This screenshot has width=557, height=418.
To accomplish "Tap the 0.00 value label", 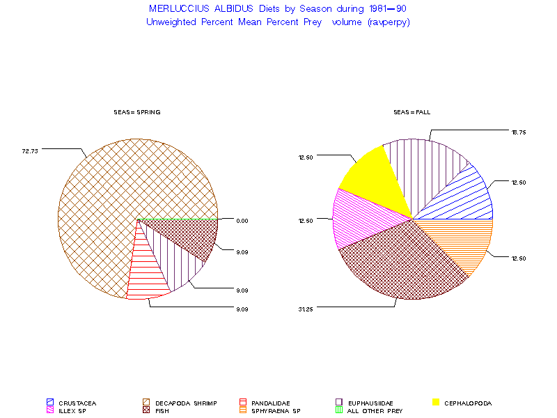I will click(x=242, y=221).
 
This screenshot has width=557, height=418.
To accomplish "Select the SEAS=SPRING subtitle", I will click(x=138, y=112).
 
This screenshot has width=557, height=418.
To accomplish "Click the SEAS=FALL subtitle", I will click(x=411, y=112).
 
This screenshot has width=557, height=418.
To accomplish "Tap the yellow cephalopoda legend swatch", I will click(x=436, y=403).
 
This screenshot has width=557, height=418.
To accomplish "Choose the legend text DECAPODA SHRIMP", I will click(x=186, y=403).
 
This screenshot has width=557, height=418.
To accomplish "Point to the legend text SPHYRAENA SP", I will click(x=276, y=411).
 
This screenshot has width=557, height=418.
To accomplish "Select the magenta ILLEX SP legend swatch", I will click(x=50, y=411).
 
